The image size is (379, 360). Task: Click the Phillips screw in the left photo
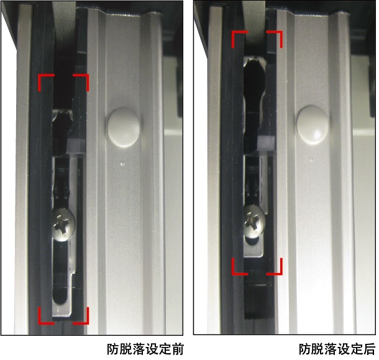63,225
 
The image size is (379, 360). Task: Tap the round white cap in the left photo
123,127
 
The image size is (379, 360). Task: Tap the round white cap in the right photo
313,125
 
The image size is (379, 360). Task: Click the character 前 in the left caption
177,349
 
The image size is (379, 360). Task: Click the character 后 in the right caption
369,349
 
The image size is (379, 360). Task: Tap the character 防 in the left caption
113,349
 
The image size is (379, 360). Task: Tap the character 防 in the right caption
305,349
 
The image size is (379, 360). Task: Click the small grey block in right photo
267,143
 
